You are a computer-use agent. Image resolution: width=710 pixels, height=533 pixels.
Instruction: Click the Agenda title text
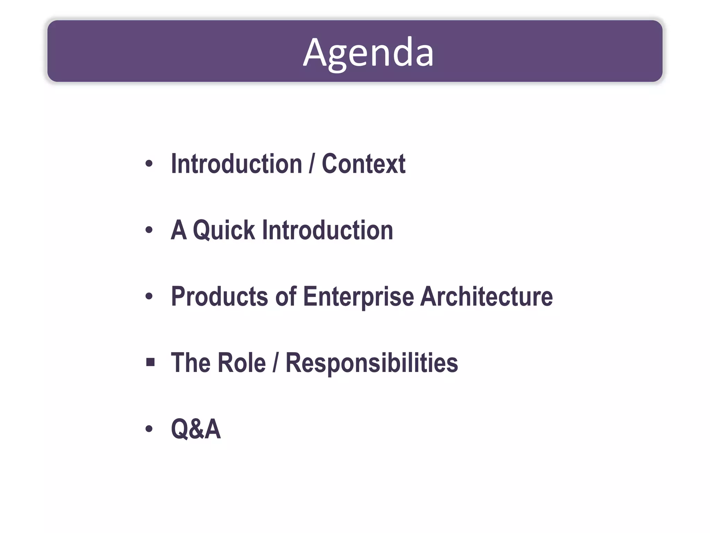(368, 53)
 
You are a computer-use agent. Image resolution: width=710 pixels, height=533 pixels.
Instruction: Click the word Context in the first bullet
(363, 164)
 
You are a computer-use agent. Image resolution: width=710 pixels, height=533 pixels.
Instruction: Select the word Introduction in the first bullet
(237, 164)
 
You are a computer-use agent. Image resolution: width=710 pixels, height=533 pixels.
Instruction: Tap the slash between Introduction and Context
(312, 164)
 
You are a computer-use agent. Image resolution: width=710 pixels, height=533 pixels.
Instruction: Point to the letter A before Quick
(179, 230)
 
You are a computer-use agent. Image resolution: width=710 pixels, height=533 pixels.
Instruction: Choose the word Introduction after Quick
(328, 230)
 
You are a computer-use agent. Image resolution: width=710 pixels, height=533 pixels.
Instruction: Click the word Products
(220, 296)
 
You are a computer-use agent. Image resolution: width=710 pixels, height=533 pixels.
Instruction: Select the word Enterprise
(358, 297)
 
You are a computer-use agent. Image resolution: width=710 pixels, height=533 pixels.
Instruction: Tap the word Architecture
(486, 296)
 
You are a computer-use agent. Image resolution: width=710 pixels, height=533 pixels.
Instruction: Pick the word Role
(241, 363)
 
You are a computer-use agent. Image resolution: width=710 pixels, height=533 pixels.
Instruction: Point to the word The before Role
(191, 363)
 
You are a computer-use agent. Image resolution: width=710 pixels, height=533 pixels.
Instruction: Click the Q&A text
(196, 429)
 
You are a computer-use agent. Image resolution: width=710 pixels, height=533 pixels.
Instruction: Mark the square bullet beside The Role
(150, 363)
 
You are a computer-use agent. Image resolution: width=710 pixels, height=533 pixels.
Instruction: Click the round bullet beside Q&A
(149, 429)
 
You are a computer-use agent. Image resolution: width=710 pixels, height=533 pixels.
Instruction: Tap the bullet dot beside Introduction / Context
(149, 163)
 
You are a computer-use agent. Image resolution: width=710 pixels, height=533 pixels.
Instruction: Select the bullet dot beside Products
(149, 296)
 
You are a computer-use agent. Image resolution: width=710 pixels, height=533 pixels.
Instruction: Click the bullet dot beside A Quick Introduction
(149, 230)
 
